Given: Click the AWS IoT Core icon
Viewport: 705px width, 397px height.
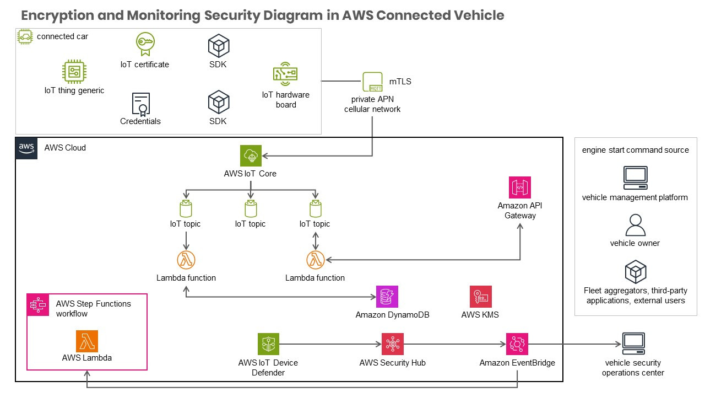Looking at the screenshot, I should click(x=251, y=156).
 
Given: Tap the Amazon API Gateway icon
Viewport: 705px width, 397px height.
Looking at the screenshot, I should click(x=520, y=187).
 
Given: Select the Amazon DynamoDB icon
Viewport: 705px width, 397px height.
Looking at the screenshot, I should click(x=387, y=297).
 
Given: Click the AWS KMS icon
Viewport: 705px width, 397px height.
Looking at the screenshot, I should click(x=480, y=297).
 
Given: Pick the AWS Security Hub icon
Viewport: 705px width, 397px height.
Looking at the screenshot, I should click(x=393, y=344).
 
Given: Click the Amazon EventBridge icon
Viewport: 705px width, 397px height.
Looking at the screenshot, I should click(x=517, y=344).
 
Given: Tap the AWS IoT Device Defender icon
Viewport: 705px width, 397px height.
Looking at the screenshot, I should click(x=268, y=344).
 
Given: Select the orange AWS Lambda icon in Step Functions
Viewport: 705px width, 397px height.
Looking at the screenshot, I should click(x=87, y=341).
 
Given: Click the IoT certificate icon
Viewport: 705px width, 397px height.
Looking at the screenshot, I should click(x=144, y=44).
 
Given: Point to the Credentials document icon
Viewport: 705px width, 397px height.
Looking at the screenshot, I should click(x=141, y=103).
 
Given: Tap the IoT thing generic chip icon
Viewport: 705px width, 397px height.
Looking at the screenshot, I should click(x=74, y=72).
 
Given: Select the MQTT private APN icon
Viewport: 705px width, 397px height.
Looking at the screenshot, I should click(x=373, y=82).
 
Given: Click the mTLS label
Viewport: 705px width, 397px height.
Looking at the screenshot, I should click(x=404, y=82).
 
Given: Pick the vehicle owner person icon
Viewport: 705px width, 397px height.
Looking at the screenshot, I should click(x=635, y=224).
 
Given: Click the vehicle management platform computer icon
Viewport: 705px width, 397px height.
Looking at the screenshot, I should click(x=635, y=178).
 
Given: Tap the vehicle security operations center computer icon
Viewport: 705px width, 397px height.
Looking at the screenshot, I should click(x=633, y=344).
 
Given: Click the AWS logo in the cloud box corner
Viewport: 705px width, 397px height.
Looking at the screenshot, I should click(x=26, y=148).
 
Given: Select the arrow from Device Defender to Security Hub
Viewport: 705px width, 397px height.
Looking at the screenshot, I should click(x=330, y=344).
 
